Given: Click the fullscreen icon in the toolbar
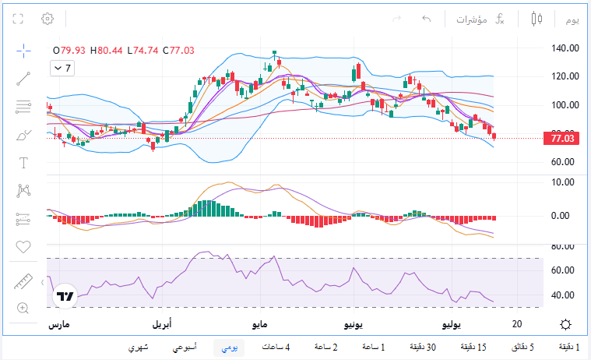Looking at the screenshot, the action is [x=18, y=19].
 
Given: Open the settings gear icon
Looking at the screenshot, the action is [x=47, y=19].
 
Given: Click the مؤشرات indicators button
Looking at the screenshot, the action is [x=472, y=19].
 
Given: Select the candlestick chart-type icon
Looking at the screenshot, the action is [x=536, y=19].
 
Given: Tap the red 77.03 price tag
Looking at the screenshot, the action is [x=561, y=139].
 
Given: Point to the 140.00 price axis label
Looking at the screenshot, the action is [x=565, y=48].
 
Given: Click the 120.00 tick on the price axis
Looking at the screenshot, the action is [x=565, y=76].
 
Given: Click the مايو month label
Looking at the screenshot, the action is [x=260, y=324].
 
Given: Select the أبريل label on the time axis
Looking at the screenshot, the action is [x=162, y=324].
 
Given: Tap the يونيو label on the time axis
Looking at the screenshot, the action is [x=354, y=324].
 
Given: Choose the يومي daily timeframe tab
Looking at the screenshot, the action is [x=229, y=348].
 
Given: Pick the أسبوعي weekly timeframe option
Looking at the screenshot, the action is [x=185, y=348].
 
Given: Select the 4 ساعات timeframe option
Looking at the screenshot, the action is [x=276, y=347].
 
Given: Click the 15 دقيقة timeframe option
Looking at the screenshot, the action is [x=473, y=347].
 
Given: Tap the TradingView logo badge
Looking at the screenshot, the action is [x=65, y=296].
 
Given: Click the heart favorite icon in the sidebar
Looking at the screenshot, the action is [x=23, y=247].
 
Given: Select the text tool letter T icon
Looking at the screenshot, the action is [x=23, y=163].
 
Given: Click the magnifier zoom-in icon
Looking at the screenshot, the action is [x=23, y=308].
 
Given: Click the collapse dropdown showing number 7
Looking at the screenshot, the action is [x=62, y=69].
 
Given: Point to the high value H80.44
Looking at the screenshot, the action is [x=107, y=51].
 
